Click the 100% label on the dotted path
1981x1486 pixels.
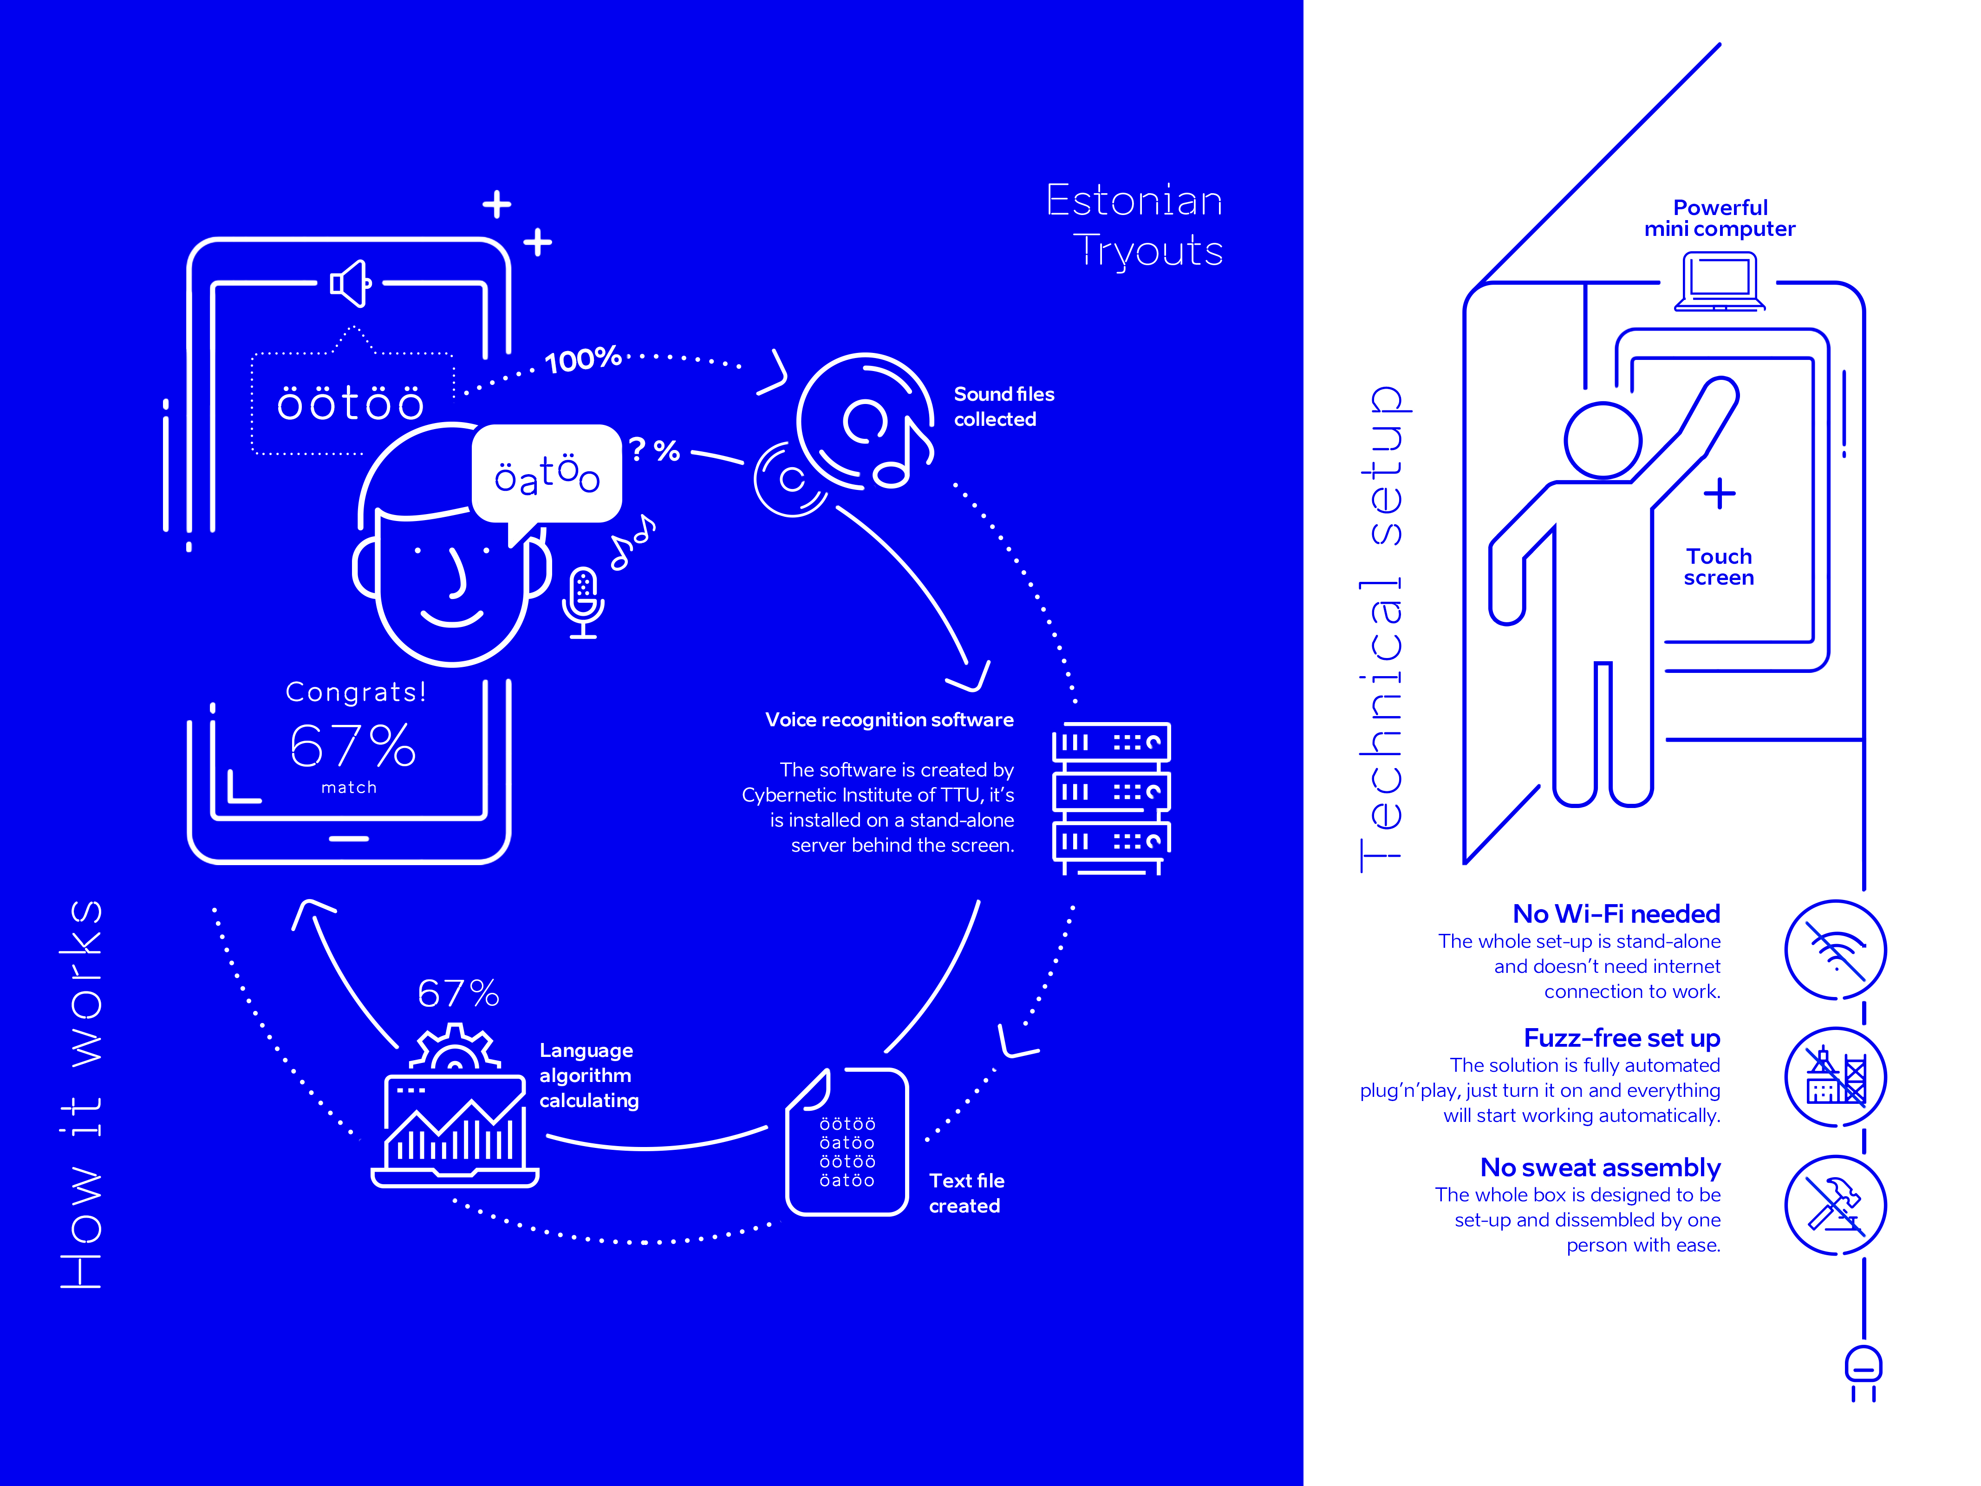tap(583, 359)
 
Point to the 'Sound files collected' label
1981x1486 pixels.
tap(1003, 407)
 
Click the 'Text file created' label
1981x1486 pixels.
tap(965, 1193)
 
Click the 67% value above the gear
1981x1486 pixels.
tap(458, 993)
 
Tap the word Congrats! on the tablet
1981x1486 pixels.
tap(356, 691)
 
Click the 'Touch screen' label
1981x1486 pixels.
tap(1718, 567)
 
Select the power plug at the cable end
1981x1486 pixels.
tap(1863, 1370)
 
